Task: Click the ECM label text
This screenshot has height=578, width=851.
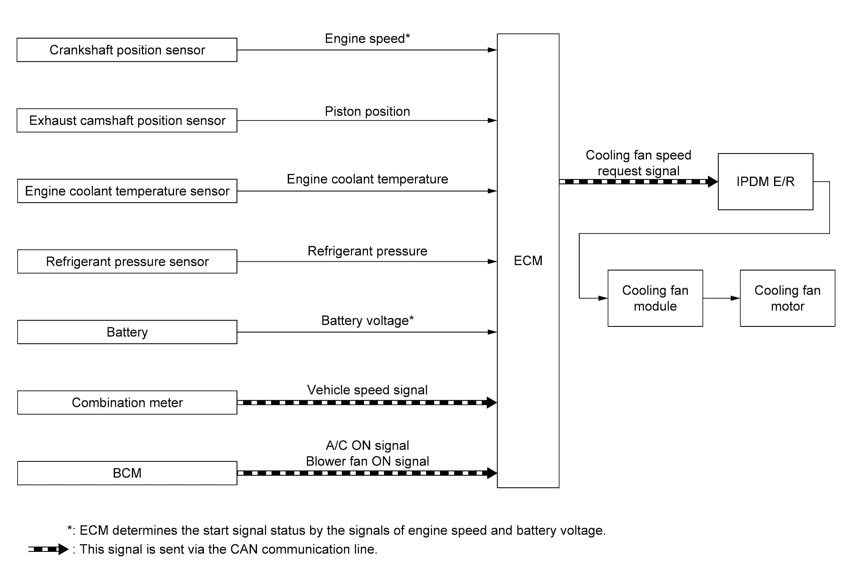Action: point(528,261)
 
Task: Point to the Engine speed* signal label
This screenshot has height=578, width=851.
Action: point(367,39)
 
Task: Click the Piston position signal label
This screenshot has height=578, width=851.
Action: point(367,111)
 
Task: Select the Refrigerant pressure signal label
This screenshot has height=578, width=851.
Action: point(367,251)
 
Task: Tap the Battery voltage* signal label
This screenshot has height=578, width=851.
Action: point(367,321)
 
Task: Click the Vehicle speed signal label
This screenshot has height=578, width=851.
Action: point(367,390)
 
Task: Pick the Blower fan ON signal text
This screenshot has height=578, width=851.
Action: point(367,461)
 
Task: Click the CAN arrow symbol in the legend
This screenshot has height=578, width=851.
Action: point(48,549)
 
